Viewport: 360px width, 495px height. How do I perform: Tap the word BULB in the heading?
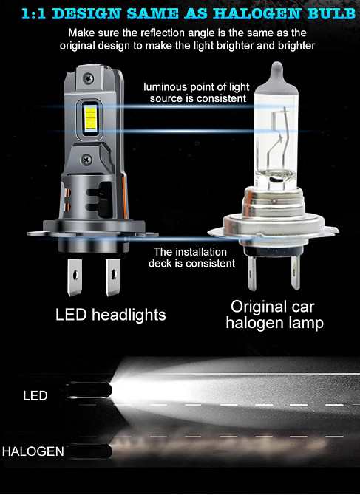click(x=333, y=13)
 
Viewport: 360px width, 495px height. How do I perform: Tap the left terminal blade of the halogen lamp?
click(x=254, y=270)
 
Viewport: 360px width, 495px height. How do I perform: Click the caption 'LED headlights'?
click(x=110, y=315)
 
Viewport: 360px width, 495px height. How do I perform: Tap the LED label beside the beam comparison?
click(x=35, y=396)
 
